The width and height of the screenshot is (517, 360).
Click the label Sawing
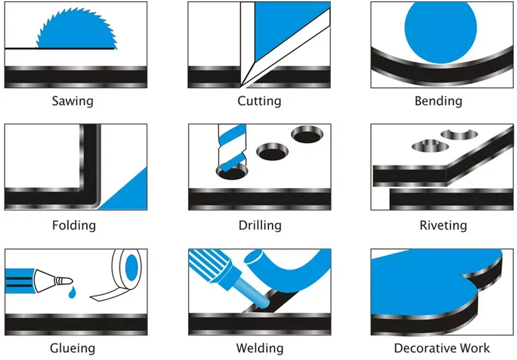coord(72,101)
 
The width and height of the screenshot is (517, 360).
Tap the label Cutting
coord(259,101)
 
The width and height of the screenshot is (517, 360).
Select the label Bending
coord(438,101)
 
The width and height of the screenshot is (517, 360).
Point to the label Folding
coord(74,225)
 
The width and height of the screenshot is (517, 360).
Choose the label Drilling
coord(260,225)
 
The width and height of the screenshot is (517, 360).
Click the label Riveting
coord(443,225)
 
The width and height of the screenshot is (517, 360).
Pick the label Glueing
coord(72,348)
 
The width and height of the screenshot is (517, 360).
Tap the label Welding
coord(260,348)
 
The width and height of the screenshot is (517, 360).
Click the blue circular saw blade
coord(76,31)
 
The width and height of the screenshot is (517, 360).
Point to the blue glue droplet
coord(72,292)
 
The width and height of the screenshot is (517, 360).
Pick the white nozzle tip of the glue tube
coord(63,281)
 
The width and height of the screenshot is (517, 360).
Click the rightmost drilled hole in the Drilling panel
coord(308,134)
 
